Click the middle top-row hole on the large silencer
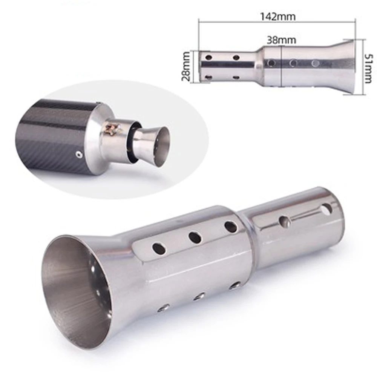pyautogui.click(x=195, y=238)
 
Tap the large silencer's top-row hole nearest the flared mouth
pyautogui.click(x=159, y=248)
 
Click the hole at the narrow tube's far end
pyautogui.click(x=327, y=208)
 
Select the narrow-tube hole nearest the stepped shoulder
pyautogui.click(x=285, y=221)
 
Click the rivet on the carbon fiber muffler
pyautogui.click(x=78, y=154)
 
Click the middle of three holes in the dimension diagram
pyautogui.click(x=293, y=63)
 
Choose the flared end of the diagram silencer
pyautogui.click(x=345, y=66)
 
